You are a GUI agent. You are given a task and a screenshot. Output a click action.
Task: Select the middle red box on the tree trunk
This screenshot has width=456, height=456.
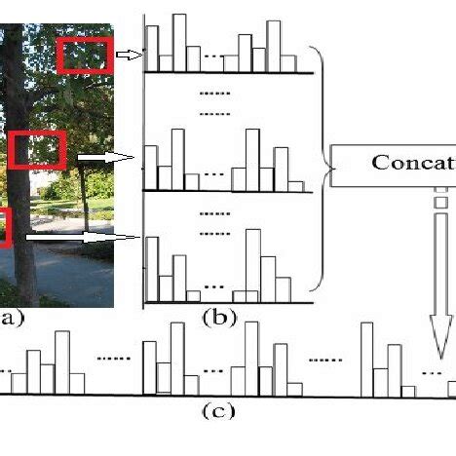[x=39, y=150]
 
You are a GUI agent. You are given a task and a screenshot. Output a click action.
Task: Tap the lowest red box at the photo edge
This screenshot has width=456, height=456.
[x=5, y=227]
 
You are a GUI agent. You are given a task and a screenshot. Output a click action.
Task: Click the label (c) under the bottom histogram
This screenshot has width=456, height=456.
[x=218, y=410]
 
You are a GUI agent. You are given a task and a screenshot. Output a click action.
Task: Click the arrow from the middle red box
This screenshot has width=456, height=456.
[x=105, y=156]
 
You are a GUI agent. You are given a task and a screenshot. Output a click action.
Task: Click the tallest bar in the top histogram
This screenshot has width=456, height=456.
[x=178, y=42]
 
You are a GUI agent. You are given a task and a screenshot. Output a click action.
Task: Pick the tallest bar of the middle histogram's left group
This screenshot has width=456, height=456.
[x=177, y=158]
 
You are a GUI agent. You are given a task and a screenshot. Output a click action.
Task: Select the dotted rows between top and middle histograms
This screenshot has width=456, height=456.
[x=209, y=103]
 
